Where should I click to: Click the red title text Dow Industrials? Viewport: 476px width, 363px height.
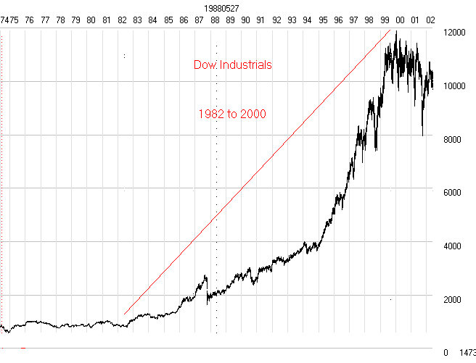click(x=232, y=64)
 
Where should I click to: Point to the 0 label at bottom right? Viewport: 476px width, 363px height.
click(x=446, y=353)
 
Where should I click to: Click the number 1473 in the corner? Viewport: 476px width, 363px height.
click(x=467, y=353)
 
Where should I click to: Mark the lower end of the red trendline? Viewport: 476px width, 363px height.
click(x=125, y=314)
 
